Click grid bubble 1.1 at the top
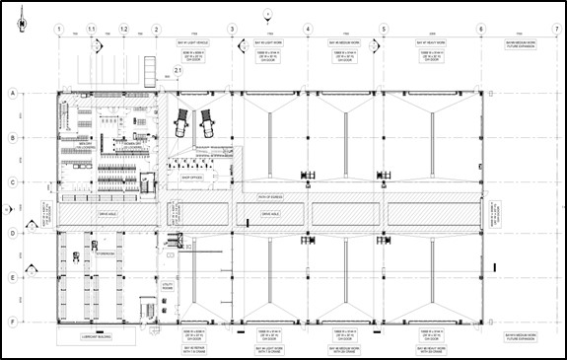point(92,30)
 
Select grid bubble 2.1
point(177,71)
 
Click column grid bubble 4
point(308,30)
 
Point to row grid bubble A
point(13,93)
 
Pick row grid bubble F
point(13,322)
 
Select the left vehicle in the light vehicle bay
point(182,124)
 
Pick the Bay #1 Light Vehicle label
point(188,44)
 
